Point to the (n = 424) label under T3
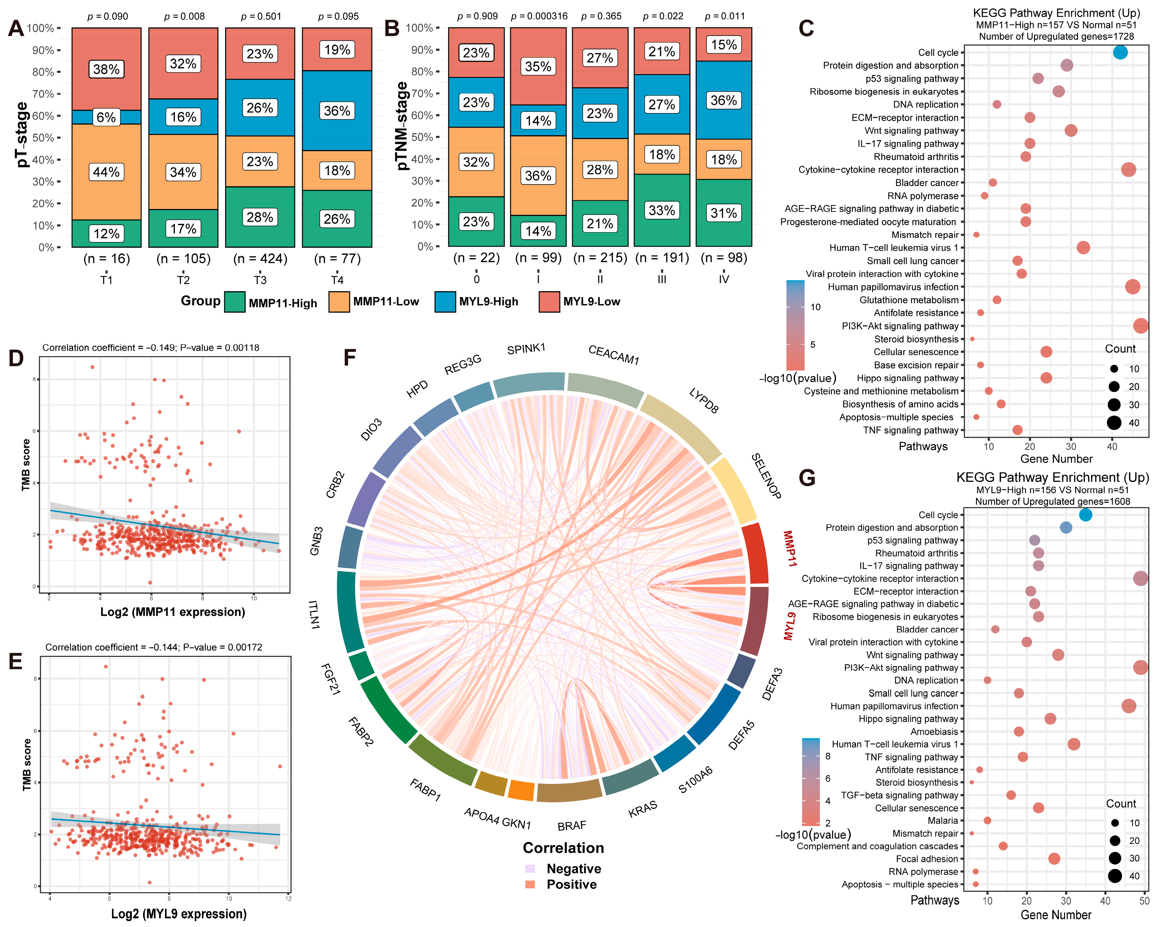click(x=260, y=259)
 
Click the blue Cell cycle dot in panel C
click(x=1120, y=52)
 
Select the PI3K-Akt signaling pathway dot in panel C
click(x=1141, y=326)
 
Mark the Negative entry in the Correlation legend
click(x=573, y=869)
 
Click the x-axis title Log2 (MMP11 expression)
click(x=172, y=612)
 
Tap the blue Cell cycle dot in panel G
click(x=1085, y=515)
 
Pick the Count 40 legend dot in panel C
click(x=1114, y=423)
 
